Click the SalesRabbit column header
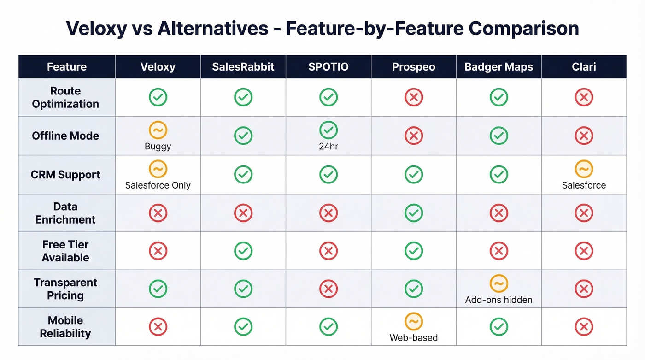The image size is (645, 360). click(x=243, y=67)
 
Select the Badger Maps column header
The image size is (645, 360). click(x=498, y=67)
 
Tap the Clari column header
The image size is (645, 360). click(x=584, y=67)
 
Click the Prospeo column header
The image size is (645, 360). click(x=413, y=67)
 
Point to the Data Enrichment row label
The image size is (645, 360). click(x=65, y=213)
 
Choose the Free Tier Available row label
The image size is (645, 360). click(x=65, y=251)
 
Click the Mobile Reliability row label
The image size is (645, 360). click(x=65, y=327)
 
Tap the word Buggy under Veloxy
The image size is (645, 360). click(x=158, y=147)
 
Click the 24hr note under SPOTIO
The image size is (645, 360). click(x=328, y=147)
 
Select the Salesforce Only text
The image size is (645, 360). click(x=158, y=185)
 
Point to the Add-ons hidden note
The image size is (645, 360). click(x=498, y=300)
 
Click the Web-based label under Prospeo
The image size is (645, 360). click(x=413, y=337)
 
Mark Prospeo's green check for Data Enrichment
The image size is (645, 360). click(x=414, y=213)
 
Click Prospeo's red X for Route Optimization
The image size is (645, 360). click(x=414, y=97)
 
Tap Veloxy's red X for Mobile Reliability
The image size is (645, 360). click(x=158, y=327)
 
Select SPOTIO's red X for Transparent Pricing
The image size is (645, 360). click(x=328, y=289)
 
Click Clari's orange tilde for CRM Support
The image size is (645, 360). click(x=584, y=169)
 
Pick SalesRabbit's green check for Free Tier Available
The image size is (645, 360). click(x=243, y=251)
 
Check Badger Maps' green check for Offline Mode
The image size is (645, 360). click(x=498, y=136)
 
